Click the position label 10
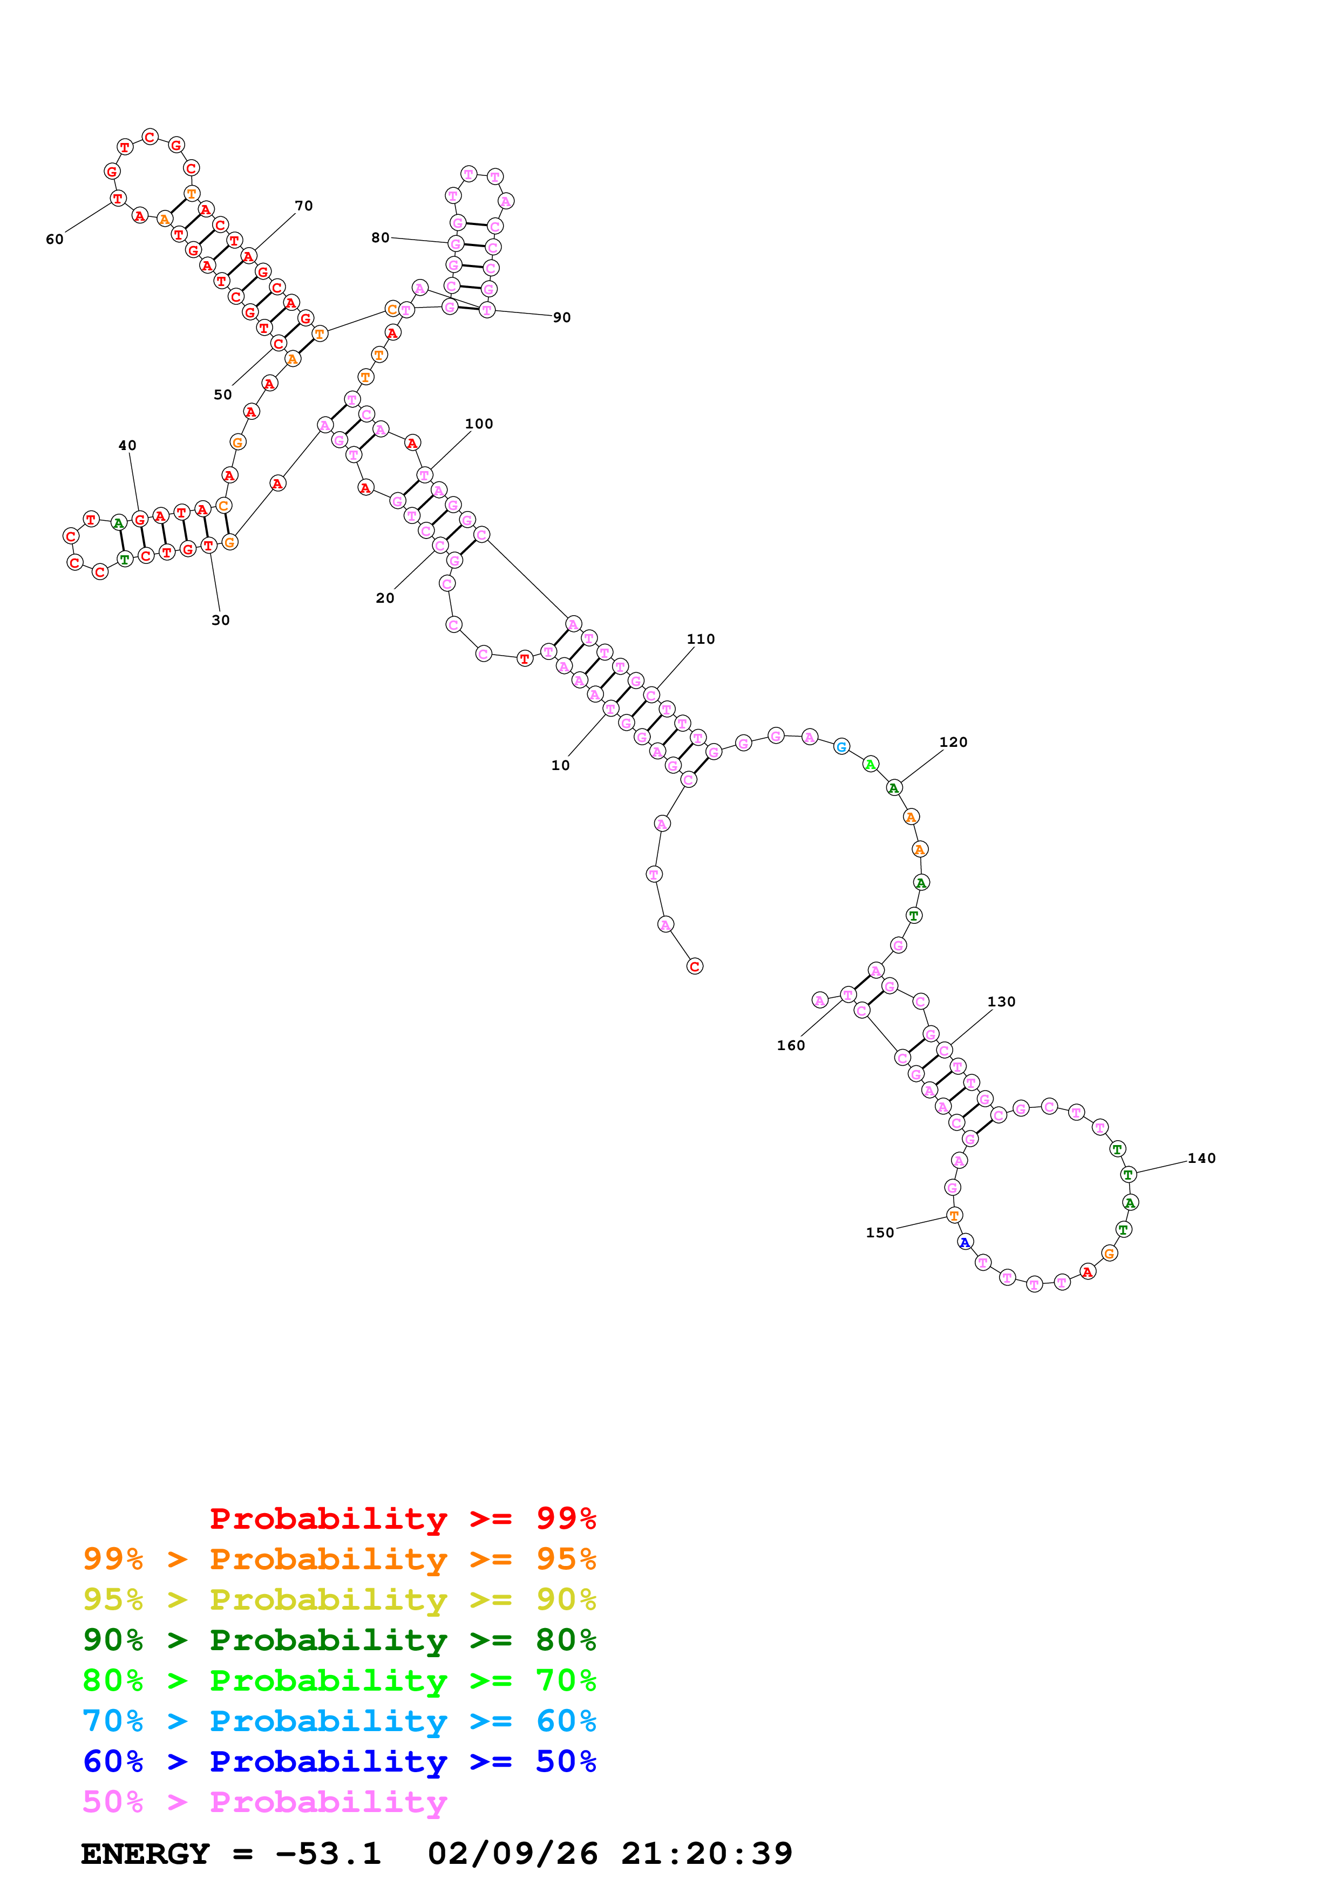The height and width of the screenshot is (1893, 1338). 561,765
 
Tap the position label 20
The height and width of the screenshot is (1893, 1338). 385,598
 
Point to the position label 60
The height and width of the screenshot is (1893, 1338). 55,239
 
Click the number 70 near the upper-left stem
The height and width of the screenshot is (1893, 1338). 304,205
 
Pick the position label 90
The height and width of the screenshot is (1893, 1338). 562,317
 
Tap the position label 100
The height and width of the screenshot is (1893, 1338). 479,424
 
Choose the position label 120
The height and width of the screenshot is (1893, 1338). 954,742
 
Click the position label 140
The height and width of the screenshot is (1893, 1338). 1202,1159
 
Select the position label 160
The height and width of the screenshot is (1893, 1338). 791,1045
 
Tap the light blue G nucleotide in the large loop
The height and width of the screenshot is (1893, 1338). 841,747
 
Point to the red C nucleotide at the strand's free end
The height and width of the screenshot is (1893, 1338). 695,966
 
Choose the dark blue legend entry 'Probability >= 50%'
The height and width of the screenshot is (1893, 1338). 339,1761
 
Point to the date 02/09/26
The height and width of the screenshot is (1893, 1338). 512,1854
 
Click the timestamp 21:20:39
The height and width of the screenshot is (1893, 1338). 707,1854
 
